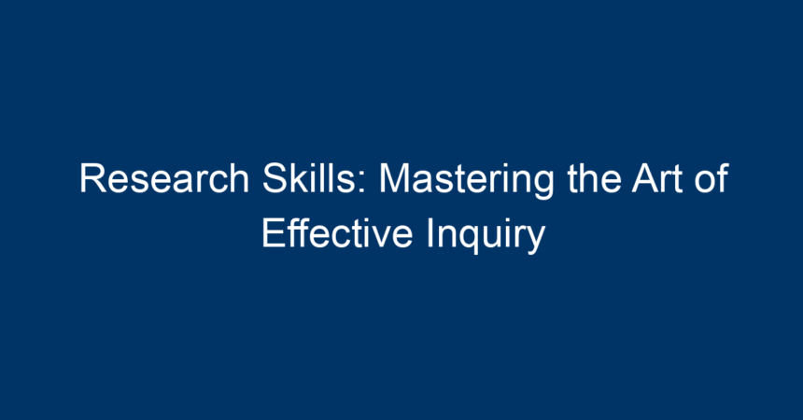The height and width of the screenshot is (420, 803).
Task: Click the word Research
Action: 164,178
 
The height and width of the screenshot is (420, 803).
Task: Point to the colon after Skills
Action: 363,182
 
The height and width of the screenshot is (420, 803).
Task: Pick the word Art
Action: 657,178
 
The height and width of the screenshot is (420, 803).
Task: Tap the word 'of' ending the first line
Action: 711,178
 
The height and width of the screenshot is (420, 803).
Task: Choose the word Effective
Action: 337,233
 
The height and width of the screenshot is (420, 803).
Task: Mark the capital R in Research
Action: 93,178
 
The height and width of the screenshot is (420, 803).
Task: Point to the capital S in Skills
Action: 275,178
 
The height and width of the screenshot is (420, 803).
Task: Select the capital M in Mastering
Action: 395,178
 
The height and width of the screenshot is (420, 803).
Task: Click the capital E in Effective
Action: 273,233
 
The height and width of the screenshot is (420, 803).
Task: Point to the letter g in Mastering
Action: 543,188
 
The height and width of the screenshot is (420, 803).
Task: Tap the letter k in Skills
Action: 303,178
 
